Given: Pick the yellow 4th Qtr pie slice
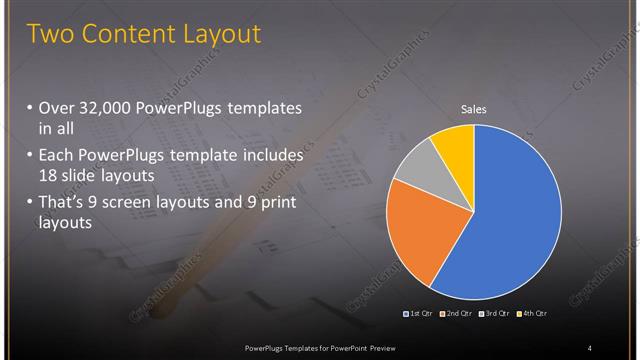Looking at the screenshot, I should pyautogui.click(x=454, y=145).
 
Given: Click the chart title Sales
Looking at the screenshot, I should pyautogui.click(x=473, y=109).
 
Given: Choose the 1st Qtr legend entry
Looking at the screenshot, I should pyautogui.click(x=416, y=314).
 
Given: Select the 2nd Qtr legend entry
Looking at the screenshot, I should pyautogui.click(x=455, y=314).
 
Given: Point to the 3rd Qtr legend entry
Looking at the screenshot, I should pyautogui.click(x=494, y=314).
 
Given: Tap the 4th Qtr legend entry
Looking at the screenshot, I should pyautogui.click(x=532, y=314).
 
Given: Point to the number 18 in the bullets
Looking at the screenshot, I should pyautogui.click(x=48, y=174).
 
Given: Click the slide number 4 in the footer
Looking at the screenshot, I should pyautogui.click(x=590, y=348).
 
